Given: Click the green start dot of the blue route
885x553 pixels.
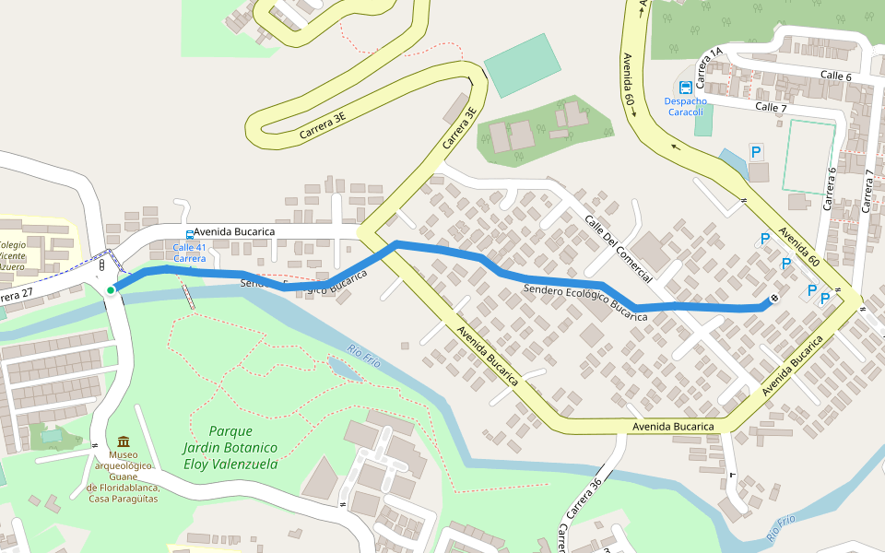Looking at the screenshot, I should click(111, 290).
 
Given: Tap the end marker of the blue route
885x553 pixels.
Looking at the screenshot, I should click(773, 297).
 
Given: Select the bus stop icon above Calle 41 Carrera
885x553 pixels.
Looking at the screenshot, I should click(190, 235).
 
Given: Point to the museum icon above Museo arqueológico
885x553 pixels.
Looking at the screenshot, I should click(124, 441).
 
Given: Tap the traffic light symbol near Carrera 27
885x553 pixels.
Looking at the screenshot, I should click(101, 265).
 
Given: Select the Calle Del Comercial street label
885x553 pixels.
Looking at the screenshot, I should click(618, 249).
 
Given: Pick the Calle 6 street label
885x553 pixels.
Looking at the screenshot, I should click(834, 76).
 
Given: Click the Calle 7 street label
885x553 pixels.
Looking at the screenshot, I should click(771, 107).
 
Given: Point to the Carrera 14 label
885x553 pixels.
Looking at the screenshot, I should click(710, 66).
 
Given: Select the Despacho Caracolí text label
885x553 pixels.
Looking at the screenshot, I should click(685, 106).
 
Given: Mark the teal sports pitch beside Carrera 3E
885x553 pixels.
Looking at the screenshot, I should click(521, 65).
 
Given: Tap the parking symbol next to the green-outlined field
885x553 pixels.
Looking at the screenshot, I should click(756, 152).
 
